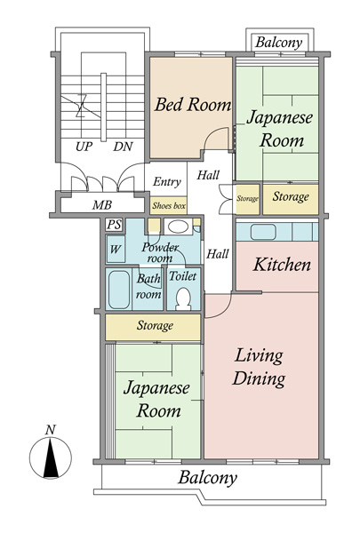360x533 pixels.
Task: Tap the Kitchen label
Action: [x=282, y=265]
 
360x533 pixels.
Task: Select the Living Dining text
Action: [x=259, y=367]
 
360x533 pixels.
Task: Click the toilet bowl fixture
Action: [x=184, y=297]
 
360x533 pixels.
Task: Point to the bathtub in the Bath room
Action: [x=120, y=289]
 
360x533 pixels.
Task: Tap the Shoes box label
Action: [x=168, y=206]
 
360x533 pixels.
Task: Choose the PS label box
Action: [x=114, y=225]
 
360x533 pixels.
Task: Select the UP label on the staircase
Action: [x=84, y=146]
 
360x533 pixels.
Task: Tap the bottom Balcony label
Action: [x=208, y=478]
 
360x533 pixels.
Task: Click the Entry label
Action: [x=167, y=182]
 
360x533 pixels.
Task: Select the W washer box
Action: [x=115, y=250]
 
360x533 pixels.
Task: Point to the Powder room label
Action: [x=161, y=252]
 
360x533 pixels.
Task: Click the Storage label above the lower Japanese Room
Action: [x=155, y=326]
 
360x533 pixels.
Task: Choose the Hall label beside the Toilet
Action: [x=218, y=254]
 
